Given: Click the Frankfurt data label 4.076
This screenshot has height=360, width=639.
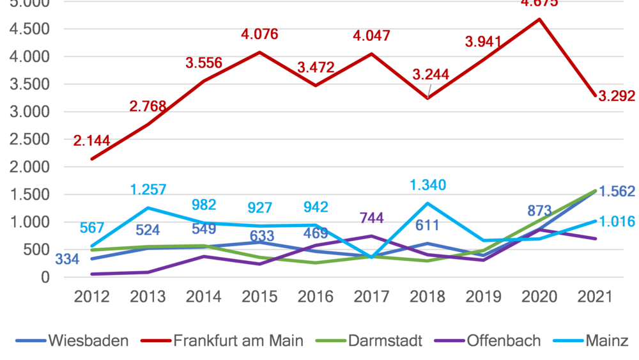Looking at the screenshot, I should click(x=259, y=35).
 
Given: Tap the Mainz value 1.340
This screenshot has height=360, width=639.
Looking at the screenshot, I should click(x=427, y=185).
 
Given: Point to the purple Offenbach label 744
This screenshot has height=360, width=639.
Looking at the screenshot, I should click(x=372, y=218).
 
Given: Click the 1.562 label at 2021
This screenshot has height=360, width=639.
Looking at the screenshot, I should click(x=617, y=191).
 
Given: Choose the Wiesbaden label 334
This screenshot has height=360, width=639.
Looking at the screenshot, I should click(x=67, y=259).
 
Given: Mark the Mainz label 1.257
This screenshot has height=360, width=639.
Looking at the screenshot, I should click(x=148, y=189).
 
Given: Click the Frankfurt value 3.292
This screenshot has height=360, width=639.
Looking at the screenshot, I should click(x=617, y=97).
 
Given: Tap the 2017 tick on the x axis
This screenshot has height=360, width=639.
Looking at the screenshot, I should click(x=372, y=297).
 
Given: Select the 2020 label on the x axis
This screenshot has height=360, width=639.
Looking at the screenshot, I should click(x=540, y=297).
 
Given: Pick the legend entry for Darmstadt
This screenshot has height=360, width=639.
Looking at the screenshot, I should click(x=385, y=340).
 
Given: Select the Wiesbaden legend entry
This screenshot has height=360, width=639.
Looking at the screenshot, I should click(x=88, y=340).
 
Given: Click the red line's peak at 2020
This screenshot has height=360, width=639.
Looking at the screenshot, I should click(x=540, y=19).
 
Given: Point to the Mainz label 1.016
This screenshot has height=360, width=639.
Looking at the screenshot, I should click(x=617, y=222).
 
